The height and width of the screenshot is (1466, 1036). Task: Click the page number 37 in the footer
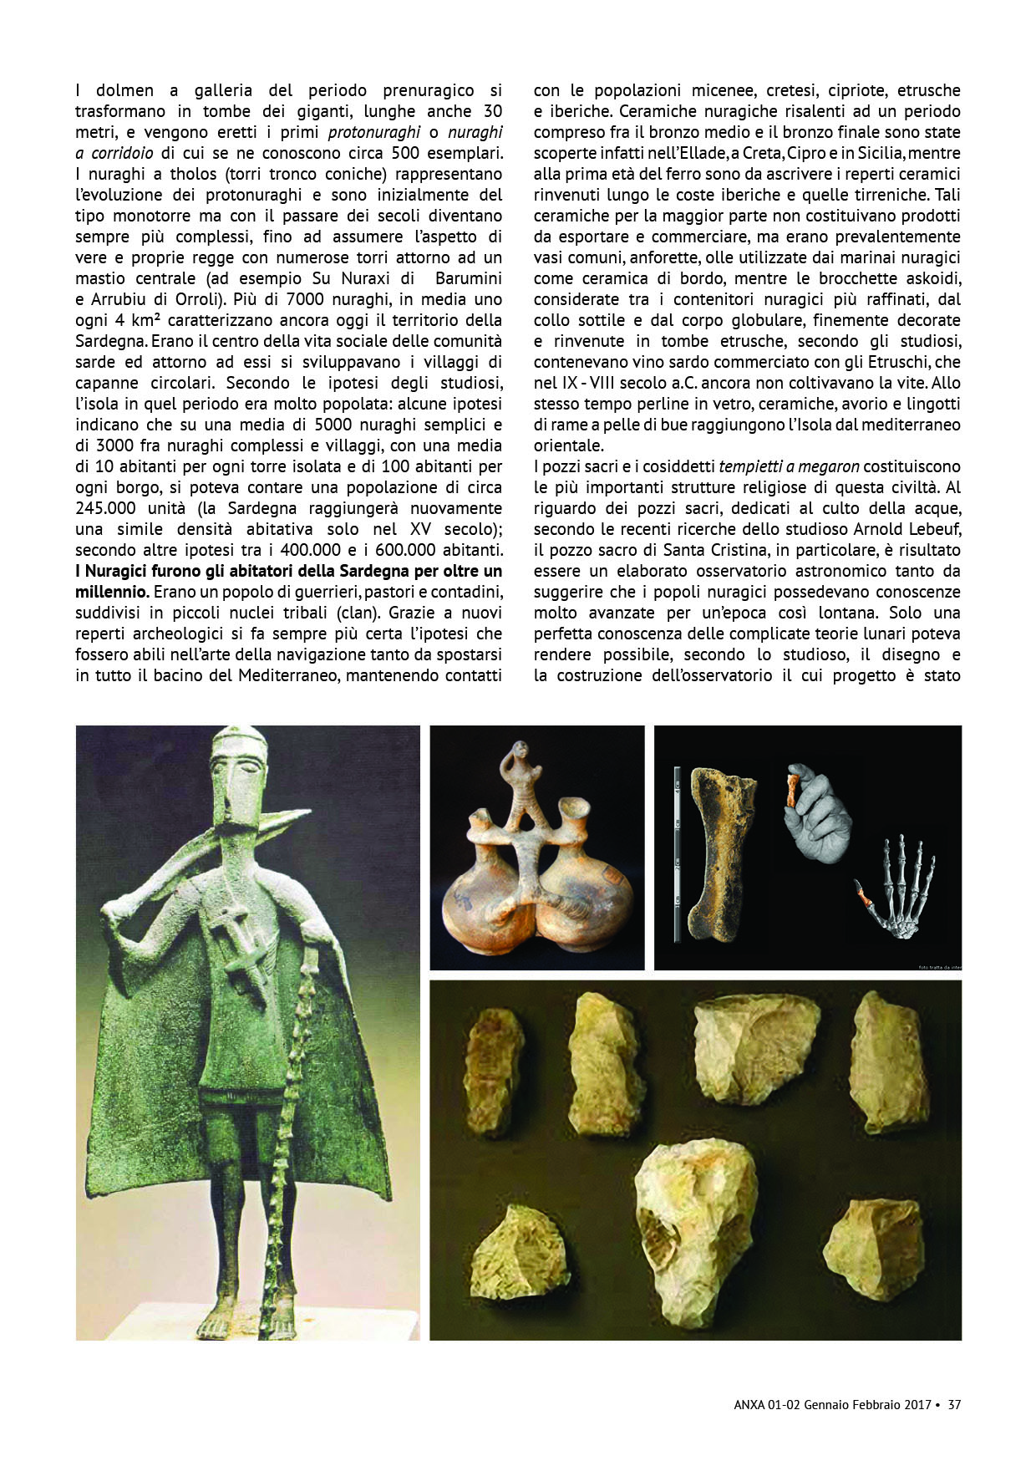coord(954,1405)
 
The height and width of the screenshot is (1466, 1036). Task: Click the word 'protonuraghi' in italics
coord(374,132)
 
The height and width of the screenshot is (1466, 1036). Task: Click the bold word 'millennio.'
coord(112,592)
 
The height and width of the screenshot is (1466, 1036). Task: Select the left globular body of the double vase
coord(483,915)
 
